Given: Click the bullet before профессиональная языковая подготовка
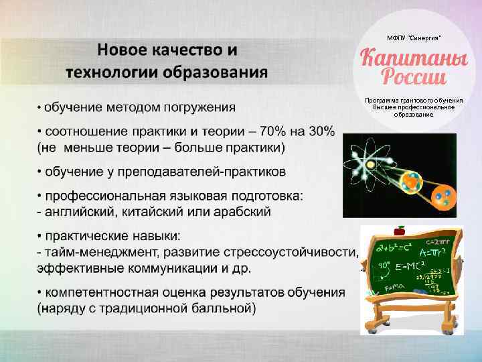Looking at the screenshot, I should (39, 196).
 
